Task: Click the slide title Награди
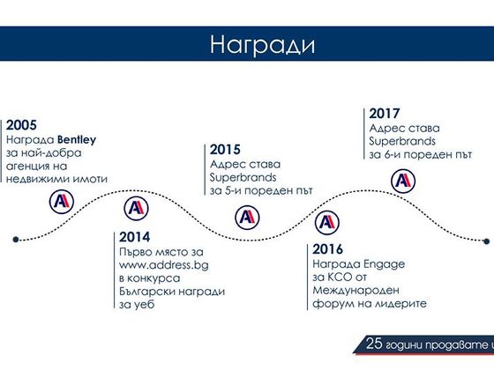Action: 263,45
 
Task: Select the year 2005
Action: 21,125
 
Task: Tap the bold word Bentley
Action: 77,140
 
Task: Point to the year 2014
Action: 134,237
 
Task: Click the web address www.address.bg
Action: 164,265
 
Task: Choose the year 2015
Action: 225,150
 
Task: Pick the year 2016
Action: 327,249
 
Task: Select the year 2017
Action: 385,114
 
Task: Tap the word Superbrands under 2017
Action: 402,141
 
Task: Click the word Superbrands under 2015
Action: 243,177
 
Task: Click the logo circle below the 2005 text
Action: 62,202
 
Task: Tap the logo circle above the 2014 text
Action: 136,208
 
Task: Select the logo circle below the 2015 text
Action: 247,218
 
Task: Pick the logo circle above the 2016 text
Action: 327,223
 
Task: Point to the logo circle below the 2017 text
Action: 403,181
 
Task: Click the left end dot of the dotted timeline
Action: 16,240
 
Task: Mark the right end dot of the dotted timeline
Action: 486,241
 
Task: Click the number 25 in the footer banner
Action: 374,344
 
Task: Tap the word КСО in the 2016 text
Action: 340,277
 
